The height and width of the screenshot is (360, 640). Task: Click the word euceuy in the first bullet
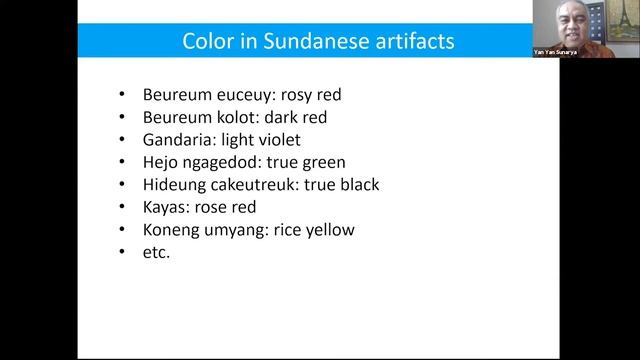coord(238,96)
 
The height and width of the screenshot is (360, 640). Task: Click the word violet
coord(277,140)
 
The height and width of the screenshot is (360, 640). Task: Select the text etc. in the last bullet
coord(157,252)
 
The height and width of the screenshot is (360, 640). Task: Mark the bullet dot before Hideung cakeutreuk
coord(121,185)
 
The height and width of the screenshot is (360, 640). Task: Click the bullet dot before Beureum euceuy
coord(121,96)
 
